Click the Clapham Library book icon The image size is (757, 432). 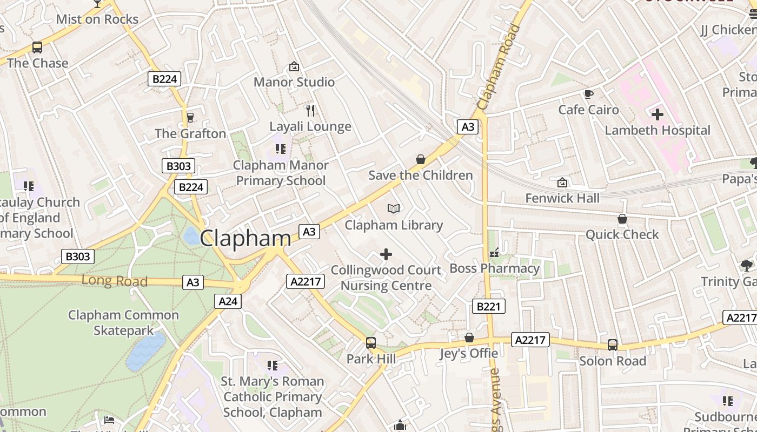tap(394, 208)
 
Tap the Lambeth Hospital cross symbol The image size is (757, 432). tap(658, 114)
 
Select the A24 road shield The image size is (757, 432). tap(228, 301)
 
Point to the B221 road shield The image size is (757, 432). tap(489, 307)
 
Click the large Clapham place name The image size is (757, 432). tap(245, 238)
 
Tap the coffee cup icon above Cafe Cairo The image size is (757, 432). tap(588, 94)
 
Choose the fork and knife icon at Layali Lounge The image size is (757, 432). tap(310, 111)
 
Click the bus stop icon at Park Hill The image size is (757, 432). tap(371, 343)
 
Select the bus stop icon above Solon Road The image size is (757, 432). tap(613, 345)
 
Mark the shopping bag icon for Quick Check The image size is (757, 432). tap(622, 219)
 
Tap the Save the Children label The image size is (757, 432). tap(421, 175)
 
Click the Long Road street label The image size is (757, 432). tap(115, 281)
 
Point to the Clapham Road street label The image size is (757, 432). tap(499, 67)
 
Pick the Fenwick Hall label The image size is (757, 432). tap(562, 198)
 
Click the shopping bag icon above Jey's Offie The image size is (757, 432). tap(469, 337)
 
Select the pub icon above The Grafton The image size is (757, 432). tap(190, 117)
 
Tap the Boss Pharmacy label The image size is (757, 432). tap(495, 268)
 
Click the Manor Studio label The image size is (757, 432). tap(294, 82)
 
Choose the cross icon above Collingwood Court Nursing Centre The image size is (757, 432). tap(386, 254)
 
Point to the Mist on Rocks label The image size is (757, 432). tap(97, 19)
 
